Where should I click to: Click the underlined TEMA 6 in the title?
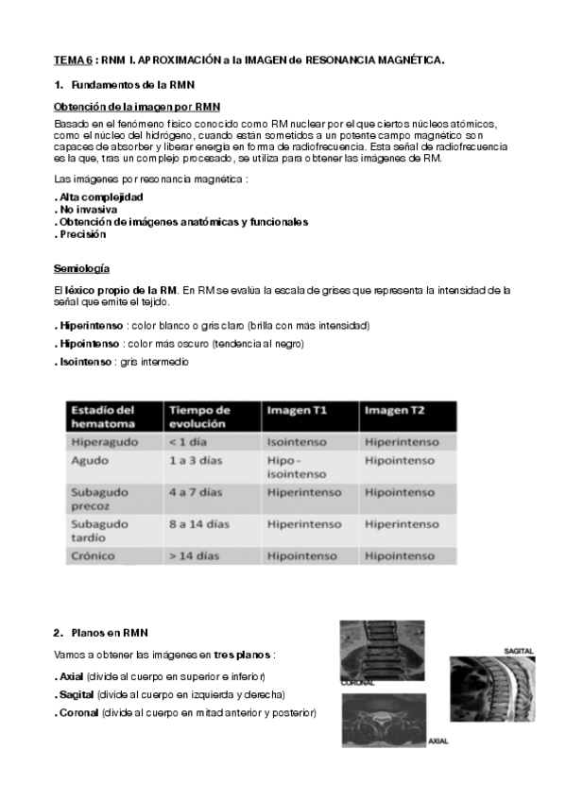pyautogui.click(x=72, y=60)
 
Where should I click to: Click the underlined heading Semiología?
pyautogui.click(x=81, y=268)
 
